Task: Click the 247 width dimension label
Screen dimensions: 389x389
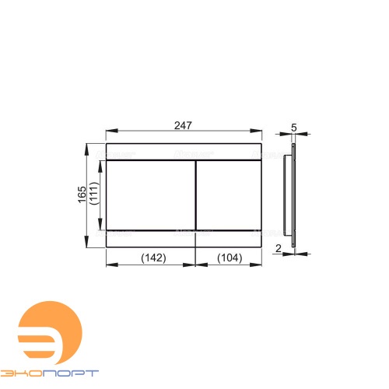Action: pyautogui.click(x=183, y=125)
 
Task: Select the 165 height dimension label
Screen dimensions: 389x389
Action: pyautogui.click(x=82, y=194)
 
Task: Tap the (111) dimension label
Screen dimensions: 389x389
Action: pyautogui.click(x=94, y=194)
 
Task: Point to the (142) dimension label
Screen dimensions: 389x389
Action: pyautogui.click(x=153, y=258)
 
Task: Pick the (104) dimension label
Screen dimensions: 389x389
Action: pyautogui.click(x=230, y=258)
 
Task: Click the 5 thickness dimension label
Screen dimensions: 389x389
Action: pyautogui.click(x=294, y=128)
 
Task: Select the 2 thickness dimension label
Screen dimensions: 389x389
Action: pyautogui.click(x=279, y=248)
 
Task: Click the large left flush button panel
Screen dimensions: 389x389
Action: pyautogui.click(x=151, y=195)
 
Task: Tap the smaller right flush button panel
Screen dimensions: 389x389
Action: pyautogui.click(x=229, y=195)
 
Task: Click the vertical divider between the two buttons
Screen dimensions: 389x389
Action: pyautogui.click(x=195, y=195)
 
